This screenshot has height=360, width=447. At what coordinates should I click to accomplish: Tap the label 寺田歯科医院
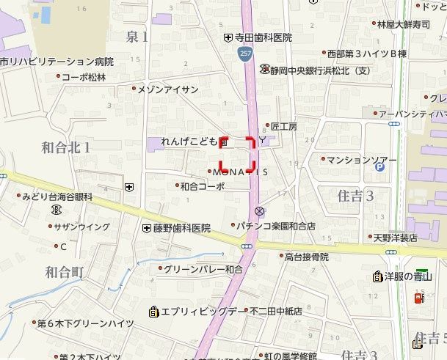click(x=263, y=37)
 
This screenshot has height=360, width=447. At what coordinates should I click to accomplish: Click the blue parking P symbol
click(x=379, y=167)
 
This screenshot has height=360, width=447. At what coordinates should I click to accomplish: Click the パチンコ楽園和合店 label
click(x=276, y=227)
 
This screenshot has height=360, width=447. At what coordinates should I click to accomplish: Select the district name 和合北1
click(x=67, y=147)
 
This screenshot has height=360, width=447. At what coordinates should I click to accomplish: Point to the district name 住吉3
click(x=355, y=196)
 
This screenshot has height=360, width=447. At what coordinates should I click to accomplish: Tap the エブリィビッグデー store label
click(x=198, y=312)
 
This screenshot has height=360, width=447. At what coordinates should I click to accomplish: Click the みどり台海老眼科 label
click(x=57, y=196)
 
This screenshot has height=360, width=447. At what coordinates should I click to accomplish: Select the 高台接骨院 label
click(x=306, y=257)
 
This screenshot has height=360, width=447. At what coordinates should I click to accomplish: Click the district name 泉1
click(x=137, y=36)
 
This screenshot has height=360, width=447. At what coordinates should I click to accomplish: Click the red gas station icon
click(x=419, y=298)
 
